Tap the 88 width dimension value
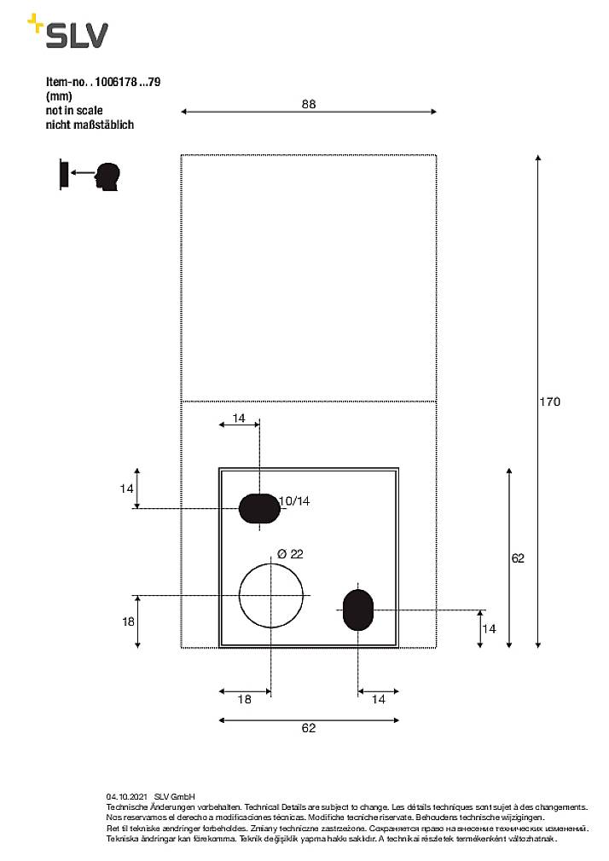tap(309, 104)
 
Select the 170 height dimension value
tap(550, 402)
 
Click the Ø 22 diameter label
tap(290, 554)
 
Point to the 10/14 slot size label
tap(294, 501)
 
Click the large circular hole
tap(270, 594)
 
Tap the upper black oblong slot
tap(259, 508)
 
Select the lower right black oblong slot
tap(357, 610)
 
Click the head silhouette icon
tap(107, 176)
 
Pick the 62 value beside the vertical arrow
tap(518, 558)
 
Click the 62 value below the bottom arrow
tap(309, 728)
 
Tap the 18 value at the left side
tap(128, 622)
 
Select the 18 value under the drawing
tap(244, 699)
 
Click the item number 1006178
tap(118, 83)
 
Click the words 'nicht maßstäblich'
tap(90, 124)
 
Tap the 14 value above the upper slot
tap(239, 419)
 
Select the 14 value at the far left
tap(126, 488)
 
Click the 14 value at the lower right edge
tap(490, 629)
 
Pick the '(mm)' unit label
tap(59, 97)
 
